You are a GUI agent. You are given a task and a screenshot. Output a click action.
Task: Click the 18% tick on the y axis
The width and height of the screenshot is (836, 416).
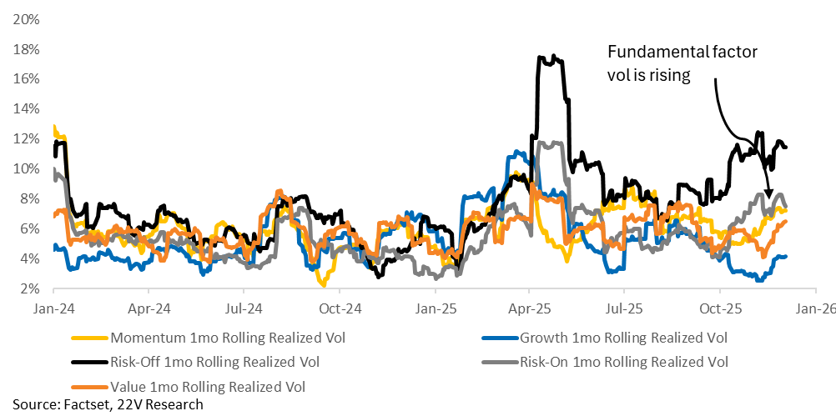(27, 48)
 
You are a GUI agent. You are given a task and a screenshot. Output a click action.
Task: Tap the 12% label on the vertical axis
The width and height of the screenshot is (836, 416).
(27, 138)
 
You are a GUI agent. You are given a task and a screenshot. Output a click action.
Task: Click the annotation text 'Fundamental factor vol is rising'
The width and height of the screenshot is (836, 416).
(682, 63)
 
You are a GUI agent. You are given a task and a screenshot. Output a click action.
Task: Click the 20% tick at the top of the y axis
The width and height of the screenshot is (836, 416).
(27, 18)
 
